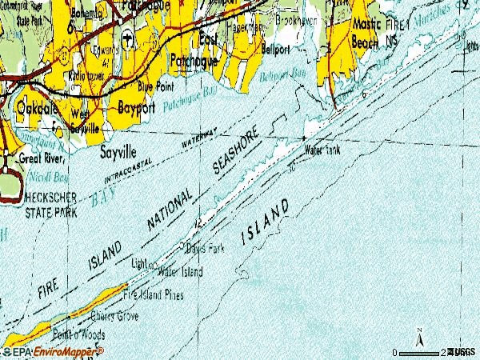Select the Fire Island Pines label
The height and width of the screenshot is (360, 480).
(153, 295)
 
